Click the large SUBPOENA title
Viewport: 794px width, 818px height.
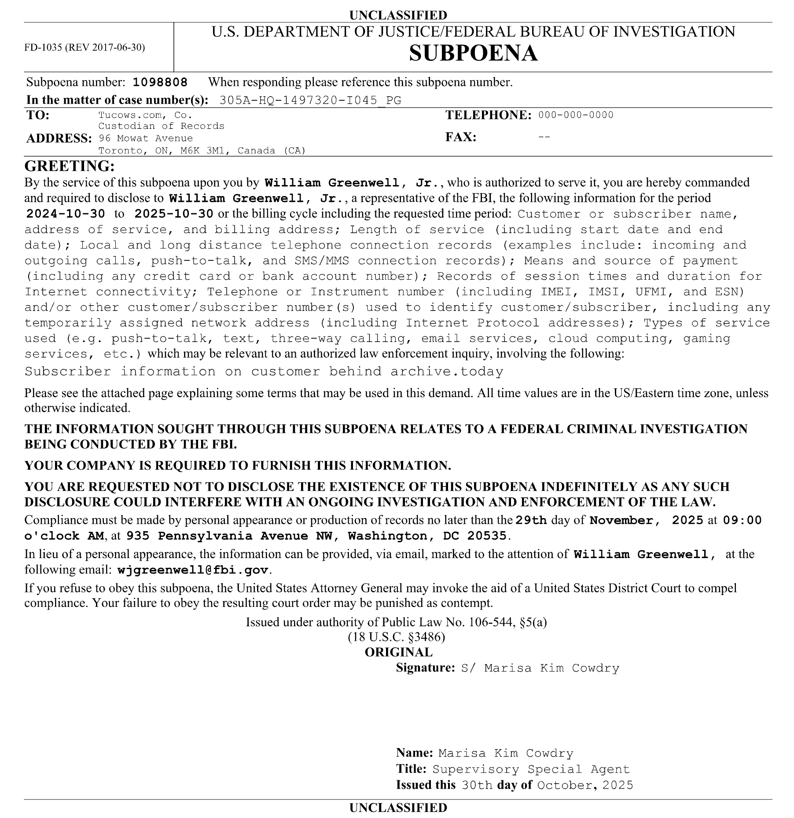click(473, 54)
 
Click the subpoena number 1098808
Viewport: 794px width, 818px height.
click(160, 82)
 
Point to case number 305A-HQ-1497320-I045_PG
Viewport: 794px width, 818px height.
click(310, 100)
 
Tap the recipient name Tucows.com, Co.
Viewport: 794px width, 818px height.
click(145, 115)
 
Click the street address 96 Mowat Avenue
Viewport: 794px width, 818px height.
click(146, 138)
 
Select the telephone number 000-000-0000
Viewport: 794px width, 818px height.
click(576, 115)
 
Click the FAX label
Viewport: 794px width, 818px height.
click(461, 137)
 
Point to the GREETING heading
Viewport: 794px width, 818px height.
click(70, 166)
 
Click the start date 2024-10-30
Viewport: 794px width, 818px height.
click(66, 214)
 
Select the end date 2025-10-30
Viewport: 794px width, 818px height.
click(174, 214)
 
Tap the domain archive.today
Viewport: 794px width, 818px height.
click(447, 372)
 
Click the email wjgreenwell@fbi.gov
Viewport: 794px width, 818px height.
click(193, 570)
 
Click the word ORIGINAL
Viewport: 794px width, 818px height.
click(398, 652)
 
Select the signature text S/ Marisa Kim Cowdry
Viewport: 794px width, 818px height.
click(540, 668)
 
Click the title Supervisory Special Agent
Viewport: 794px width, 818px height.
click(531, 769)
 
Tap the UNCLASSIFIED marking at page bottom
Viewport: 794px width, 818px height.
click(398, 807)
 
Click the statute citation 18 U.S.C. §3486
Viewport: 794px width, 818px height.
click(397, 637)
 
